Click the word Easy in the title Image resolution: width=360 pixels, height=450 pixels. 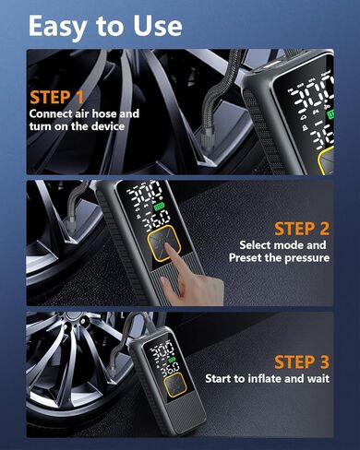tap(57, 27)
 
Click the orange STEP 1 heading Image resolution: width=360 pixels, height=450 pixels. tap(56, 98)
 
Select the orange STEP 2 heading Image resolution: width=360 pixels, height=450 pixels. tap(302, 229)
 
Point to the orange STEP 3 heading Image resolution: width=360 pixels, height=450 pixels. tap(302, 361)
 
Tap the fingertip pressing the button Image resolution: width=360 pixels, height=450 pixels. tap(167, 246)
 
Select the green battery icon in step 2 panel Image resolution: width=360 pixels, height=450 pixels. tap(160, 207)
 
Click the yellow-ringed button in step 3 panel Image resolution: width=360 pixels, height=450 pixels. tap(175, 385)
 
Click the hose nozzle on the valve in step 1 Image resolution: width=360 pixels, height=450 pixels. tap(207, 139)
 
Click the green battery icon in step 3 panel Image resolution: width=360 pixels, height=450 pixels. tap(172, 360)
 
